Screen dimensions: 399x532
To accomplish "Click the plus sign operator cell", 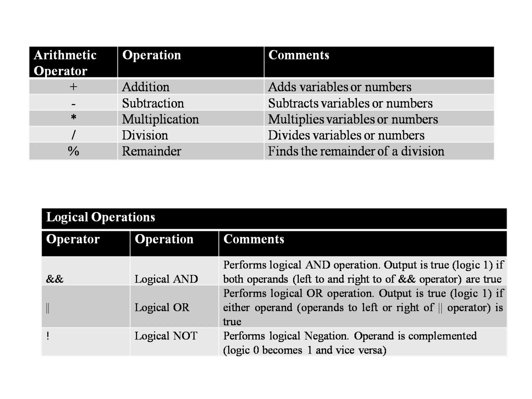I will pyautogui.click(x=74, y=87).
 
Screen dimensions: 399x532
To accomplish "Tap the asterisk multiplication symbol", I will pyautogui.click(x=74, y=118).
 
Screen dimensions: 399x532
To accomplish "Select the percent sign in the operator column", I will pyautogui.click(x=74, y=151).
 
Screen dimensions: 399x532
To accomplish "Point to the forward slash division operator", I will pyautogui.click(x=74, y=135).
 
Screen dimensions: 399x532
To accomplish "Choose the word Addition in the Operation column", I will pyautogui.click(x=146, y=87).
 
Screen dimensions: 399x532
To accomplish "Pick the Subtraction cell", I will pyautogui.click(x=153, y=103).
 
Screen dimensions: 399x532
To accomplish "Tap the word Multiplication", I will pyautogui.click(x=160, y=119).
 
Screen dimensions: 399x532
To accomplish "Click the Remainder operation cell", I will pyautogui.click(x=151, y=151).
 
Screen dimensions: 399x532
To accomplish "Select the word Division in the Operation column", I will pyautogui.click(x=145, y=135).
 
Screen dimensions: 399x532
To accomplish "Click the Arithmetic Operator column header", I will pyautogui.click(x=65, y=63).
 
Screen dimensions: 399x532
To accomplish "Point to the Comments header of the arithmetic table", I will pyautogui.click(x=299, y=55).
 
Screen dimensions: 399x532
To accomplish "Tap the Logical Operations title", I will pyautogui.click(x=101, y=217).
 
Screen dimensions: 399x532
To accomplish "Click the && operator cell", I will pyautogui.click(x=55, y=279).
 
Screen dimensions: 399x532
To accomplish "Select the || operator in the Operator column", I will pyautogui.click(x=48, y=308).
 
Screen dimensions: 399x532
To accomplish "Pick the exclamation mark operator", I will pyautogui.click(x=48, y=336).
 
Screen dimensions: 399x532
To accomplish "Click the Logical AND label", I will pyautogui.click(x=166, y=279).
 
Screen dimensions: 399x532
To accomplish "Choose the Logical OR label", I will pyautogui.click(x=162, y=308).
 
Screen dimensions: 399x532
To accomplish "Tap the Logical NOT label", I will pyautogui.click(x=166, y=336).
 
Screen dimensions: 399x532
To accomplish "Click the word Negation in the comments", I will pyautogui.click(x=326, y=336).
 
